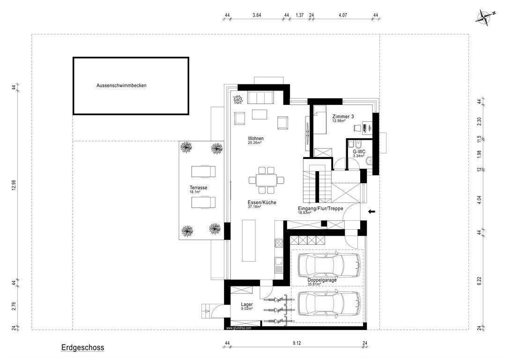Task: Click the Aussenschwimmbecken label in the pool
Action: click(x=121, y=86)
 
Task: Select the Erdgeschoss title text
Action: click(x=82, y=347)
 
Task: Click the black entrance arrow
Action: click(x=372, y=212)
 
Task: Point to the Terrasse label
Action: click(x=199, y=187)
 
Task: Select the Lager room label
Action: click(x=247, y=304)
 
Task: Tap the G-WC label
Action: click(x=359, y=151)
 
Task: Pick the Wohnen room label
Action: click(x=256, y=139)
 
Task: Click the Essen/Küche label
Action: click(x=262, y=202)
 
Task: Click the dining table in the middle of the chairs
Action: click(x=266, y=180)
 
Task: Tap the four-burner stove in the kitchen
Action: click(x=278, y=243)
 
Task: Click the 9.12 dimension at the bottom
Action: click(x=297, y=343)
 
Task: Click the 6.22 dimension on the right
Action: click(x=479, y=281)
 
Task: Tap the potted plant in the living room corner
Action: click(x=238, y=99)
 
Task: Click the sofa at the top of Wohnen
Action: click(x=260, y=97)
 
